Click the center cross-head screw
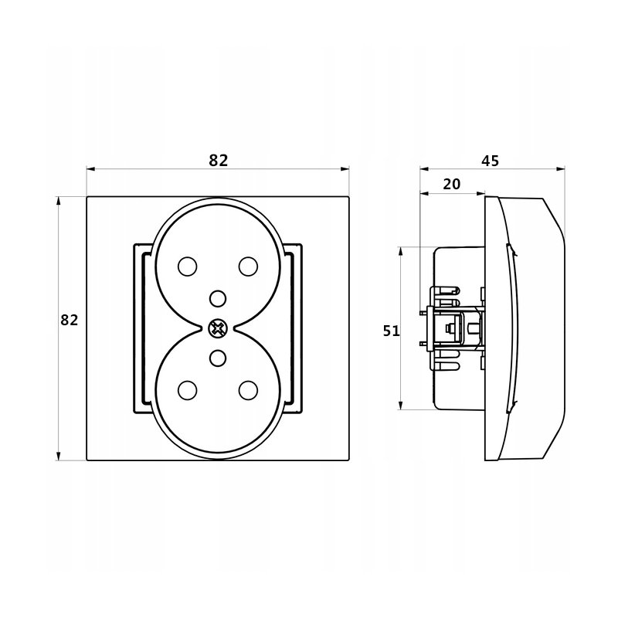click(x=218, y=328)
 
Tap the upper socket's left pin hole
click(x=187, y=267)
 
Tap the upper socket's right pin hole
click(x=248, y=267)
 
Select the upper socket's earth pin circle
click(x=218, y=298)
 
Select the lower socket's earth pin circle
click(x=218, y=358)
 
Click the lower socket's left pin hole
click(x=187, y=390)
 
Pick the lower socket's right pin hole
click(x=248, y=390)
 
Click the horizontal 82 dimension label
click(x=219, y=161)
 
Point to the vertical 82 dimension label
click(x=70, y=320)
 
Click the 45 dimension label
click(x=491, y=161)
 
